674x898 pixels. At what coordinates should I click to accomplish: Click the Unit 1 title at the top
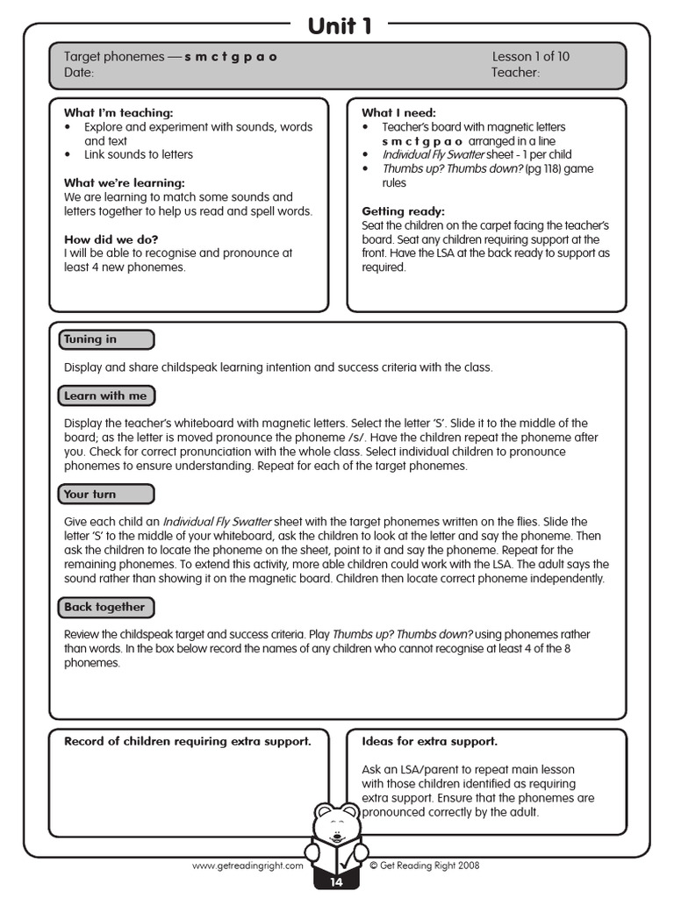(340, 26)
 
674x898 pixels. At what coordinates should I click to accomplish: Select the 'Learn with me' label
(106, 396)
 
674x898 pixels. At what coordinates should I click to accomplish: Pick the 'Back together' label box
(106, 607)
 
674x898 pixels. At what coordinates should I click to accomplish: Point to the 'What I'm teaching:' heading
(118, 113)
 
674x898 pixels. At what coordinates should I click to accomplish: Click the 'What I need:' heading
(398, 113)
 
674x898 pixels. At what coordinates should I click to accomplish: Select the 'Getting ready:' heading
(403, 211)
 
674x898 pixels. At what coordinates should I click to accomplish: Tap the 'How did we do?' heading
(111, 239)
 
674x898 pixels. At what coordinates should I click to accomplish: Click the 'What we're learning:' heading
(124, 183)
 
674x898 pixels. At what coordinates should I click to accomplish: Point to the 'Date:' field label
(79, 73)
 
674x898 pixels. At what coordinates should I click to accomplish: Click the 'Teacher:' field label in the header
(516, 73)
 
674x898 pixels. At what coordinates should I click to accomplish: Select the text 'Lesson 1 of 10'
(530, 56)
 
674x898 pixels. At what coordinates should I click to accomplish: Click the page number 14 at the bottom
(337, 882)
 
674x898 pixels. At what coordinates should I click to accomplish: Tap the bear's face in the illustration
(337, 824)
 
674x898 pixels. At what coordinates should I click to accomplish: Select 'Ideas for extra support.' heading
(429, 741)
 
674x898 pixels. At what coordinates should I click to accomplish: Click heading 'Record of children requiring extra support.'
(187, 741)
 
